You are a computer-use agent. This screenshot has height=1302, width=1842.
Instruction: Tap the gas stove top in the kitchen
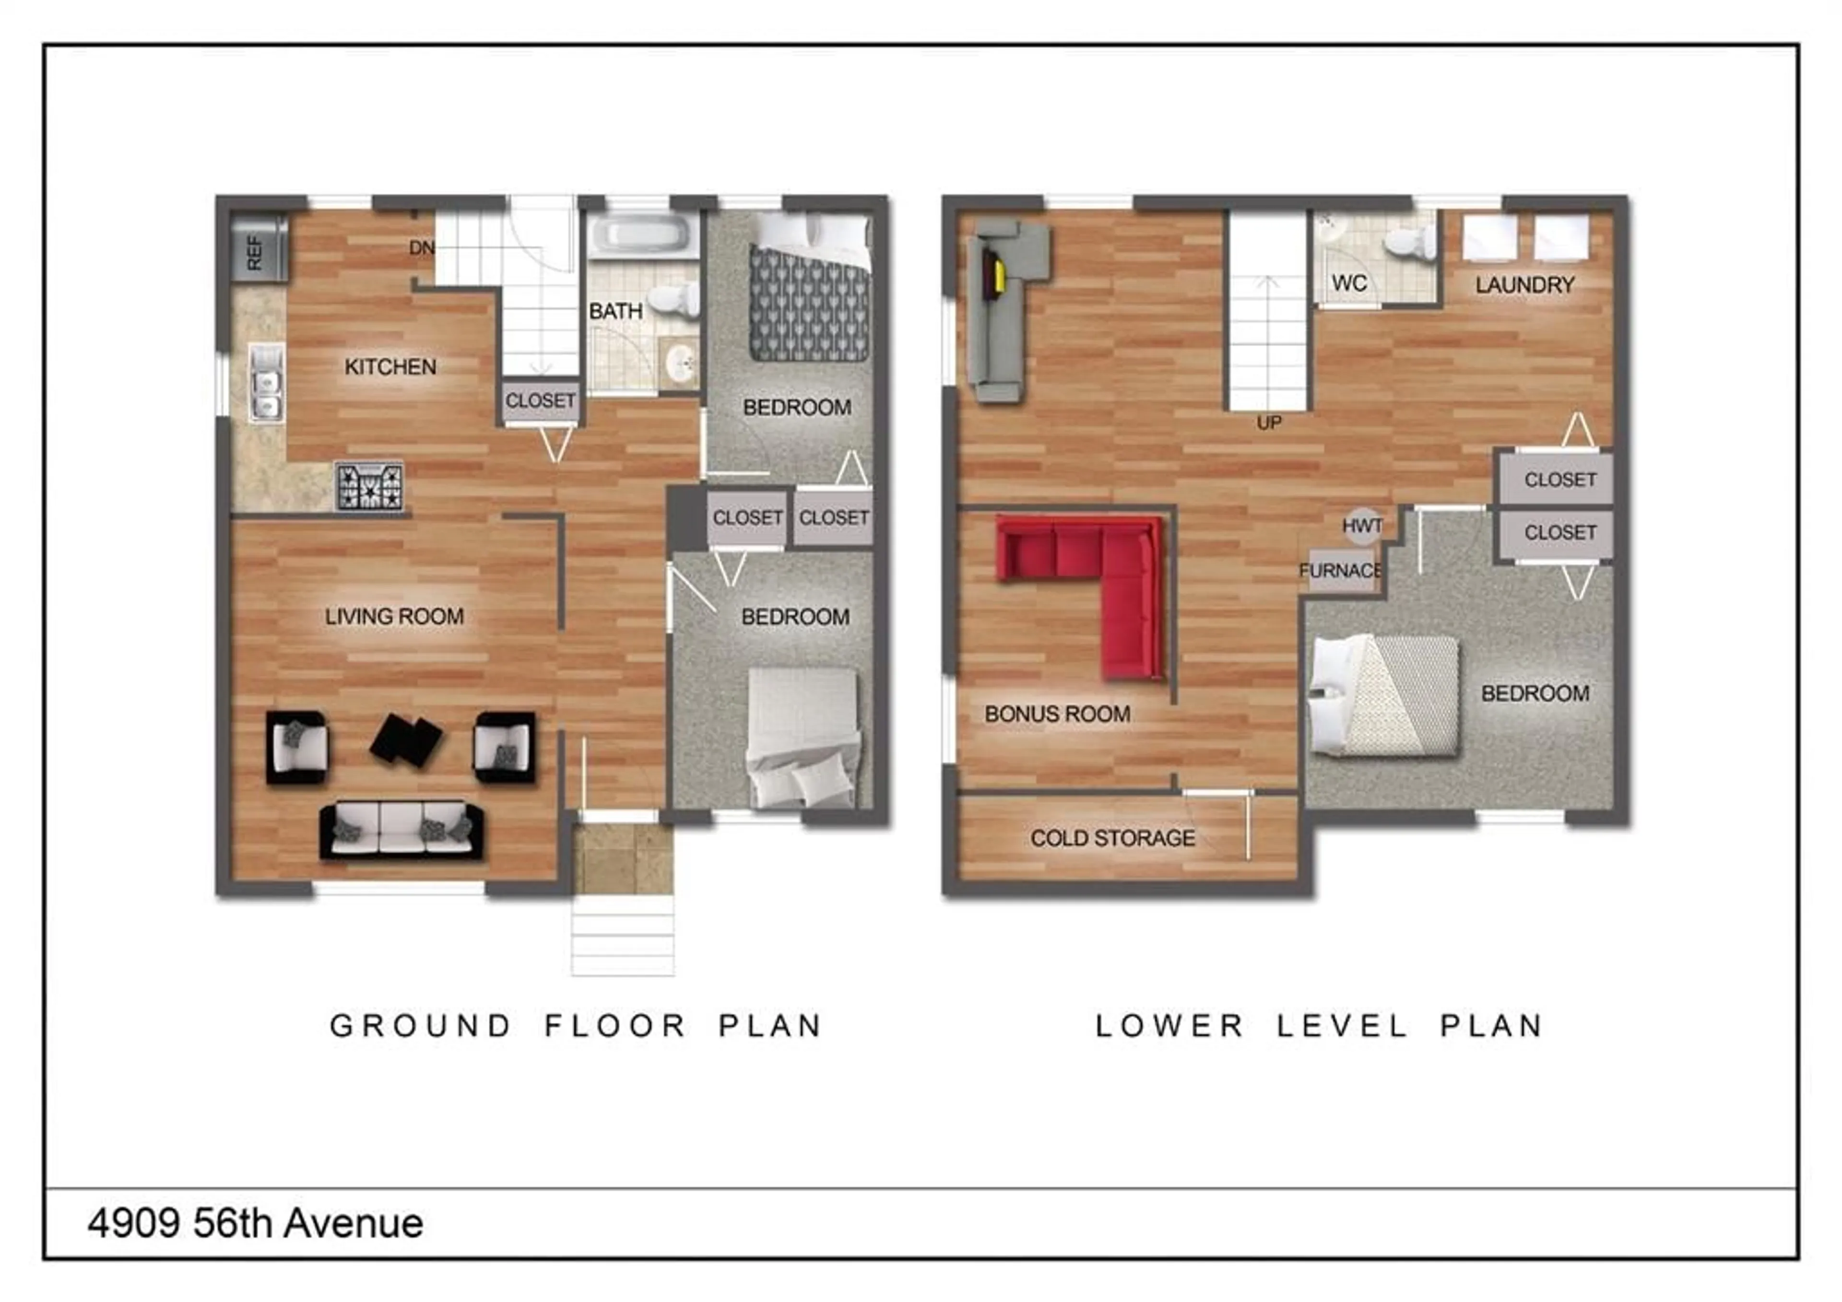pos(369,486)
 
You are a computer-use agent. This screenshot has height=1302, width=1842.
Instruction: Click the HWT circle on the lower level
pos(1362,526)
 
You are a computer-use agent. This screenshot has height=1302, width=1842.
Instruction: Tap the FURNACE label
pos(1341,570)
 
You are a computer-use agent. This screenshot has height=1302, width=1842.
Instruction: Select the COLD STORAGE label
pos(1113,838)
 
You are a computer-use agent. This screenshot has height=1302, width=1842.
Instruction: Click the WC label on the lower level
pos(1349,283)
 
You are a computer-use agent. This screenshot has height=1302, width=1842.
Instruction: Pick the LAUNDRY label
pos(1524,285)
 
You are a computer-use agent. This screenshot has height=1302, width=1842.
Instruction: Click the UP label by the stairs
pos(1269,423)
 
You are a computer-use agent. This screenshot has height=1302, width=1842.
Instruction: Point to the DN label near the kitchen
pos(422,248)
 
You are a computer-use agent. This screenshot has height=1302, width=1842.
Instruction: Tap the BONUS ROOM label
pos(1057,714)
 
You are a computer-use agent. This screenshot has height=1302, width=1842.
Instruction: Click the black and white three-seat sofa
pos(401,830)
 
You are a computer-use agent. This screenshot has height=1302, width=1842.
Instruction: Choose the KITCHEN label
pos(390,366)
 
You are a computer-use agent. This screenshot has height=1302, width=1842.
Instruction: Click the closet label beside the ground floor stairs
pos(540,400)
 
